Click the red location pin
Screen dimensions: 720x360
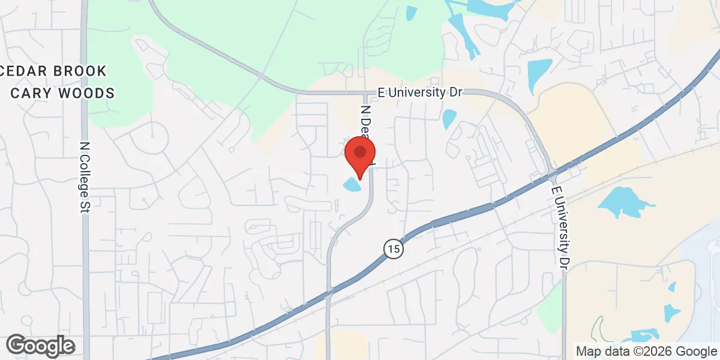(x=360, y=152)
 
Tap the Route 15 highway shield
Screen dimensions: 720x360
(x=392, y=248)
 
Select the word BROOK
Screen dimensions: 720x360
(x=80, y=71)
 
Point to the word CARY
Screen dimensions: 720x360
(x=34, y=93)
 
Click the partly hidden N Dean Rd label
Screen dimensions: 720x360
(x=367, y=129)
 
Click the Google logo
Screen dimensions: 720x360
(x=41, y=346)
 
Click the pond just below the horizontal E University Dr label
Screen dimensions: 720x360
(x=449, y=118)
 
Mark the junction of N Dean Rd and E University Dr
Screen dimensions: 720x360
(x=365, y=93)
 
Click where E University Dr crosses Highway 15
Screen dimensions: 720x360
(x=553, y=174)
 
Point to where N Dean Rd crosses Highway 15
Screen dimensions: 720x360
(x=328, y=294)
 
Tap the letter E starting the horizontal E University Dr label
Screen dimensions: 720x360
(x=381, y=92)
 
